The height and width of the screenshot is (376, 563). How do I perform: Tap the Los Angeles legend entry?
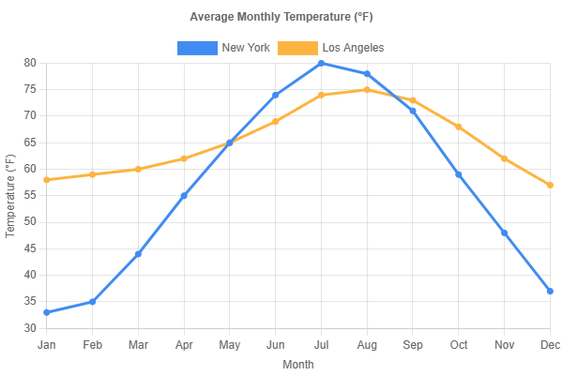tap(331, 48)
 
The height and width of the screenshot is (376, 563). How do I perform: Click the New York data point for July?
tap(321, 63)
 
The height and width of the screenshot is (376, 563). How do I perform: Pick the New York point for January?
tap(47, 312)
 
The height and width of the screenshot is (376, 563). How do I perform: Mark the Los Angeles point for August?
tap(367, 90)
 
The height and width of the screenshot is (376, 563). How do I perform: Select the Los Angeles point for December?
tap(550, 185)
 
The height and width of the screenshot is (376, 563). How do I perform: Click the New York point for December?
tap(550, 292)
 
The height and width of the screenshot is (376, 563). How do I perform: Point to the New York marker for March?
tap(138, 254)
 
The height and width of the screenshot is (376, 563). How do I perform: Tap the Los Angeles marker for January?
tap(47, 180)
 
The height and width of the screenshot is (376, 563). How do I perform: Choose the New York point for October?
tap(458, 174)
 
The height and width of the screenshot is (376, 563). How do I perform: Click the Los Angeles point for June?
tap(275, 122)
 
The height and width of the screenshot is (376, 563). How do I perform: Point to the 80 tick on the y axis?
tap(30, 63)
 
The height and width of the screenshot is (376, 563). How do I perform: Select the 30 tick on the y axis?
tap(30, 328)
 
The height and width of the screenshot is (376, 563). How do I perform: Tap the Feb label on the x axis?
tap(92, 345)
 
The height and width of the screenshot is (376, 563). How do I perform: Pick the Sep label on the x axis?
tap(412, 345)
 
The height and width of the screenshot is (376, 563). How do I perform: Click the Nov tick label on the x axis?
tap(504, 345)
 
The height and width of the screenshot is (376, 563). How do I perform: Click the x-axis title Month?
tap(298, 365)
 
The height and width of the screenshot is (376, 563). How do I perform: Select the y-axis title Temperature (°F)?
tap(11, 196)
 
